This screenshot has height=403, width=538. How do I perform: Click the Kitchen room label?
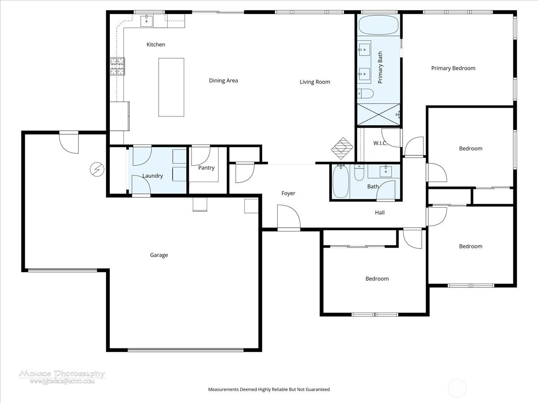click(x=156, y=44)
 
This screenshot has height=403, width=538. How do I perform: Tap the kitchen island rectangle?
click(x=171, y=87)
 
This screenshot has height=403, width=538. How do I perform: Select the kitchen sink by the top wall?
click(x=147, y=21)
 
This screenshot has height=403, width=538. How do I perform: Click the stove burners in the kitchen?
click(x=117, y=66)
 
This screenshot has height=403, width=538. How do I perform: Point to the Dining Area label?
click(x=223, y=81)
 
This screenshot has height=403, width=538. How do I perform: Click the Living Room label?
click(x=315, y=82)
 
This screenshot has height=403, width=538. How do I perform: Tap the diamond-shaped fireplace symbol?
click(x=342, y=148)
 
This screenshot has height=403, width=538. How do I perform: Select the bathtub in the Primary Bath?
click(x=378, y=25)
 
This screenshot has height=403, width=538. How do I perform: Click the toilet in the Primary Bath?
click(x=365, y=94)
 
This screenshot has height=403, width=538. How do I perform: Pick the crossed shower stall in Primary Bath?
click(x=378, y=115)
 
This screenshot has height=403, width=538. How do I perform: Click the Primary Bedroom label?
click(x=453, y=68)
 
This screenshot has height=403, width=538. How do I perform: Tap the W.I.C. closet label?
click(x=380, y=143)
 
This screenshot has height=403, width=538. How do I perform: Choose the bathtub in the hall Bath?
click(x=341, y=181)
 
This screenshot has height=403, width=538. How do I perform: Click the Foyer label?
click(x=288, y=193)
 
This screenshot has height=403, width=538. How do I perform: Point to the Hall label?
click(x=380, y=213)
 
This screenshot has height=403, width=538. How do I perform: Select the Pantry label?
click(x=206, y=168)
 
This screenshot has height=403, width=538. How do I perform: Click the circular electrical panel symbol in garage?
click(x=97, y=169)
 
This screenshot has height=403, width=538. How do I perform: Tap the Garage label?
click(x=159, y=255)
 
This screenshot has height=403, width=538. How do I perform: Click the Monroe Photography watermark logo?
click(x=62, y=377)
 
